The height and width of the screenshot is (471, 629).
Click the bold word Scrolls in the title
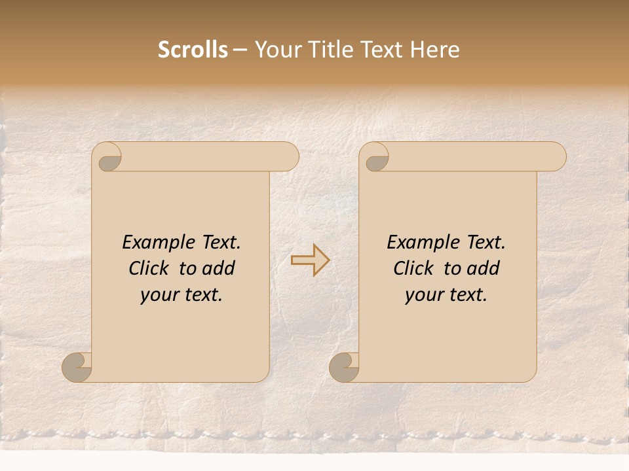tap(193, 50)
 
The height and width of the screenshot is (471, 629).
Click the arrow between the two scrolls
tap(310, 260)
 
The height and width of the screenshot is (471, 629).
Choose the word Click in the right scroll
tap(414, 268)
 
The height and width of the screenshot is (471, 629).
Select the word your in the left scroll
tap(160, 295)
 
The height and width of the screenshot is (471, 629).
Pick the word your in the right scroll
tap(425, 295)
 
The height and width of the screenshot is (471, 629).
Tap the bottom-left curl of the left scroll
tap(77, 366)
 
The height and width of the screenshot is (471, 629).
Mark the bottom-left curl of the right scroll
tap(345, 366)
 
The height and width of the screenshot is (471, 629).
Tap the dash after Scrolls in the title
tap(240, 50)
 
